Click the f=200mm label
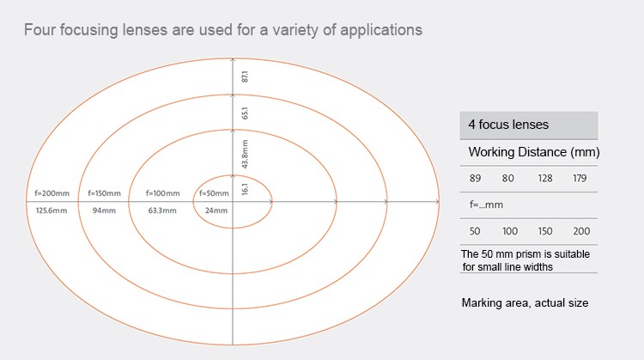pos(52,193)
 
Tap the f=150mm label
pos(104,193)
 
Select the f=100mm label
pos(162,193)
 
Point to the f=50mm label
pos(214,193)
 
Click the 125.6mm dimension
pos(52,211)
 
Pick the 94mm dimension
pos(104,211)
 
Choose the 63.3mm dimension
pos(162,211)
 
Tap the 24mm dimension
pos(216,211)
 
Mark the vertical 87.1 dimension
pos(245,76)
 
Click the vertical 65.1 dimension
pos(245,113)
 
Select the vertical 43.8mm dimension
pos(245,154)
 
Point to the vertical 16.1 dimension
pos(245,189)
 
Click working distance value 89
pos(475,179)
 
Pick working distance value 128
pos(545,179)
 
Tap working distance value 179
pos(580,179)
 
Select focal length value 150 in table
pos(545,231)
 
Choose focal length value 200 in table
pos(581,231)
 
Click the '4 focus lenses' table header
pos(508,125)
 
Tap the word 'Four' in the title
pos(39,30)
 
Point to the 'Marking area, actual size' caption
pos(525,303)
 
